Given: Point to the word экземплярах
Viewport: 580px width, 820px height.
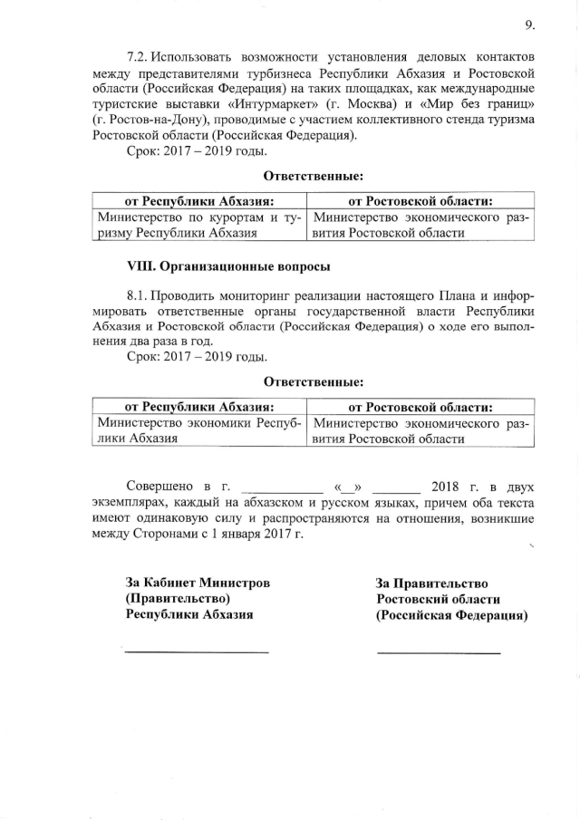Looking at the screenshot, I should coord(130,502).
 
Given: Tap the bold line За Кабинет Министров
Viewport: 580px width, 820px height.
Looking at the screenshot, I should coord(197,584).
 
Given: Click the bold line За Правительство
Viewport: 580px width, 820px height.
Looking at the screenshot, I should coord(432,584).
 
